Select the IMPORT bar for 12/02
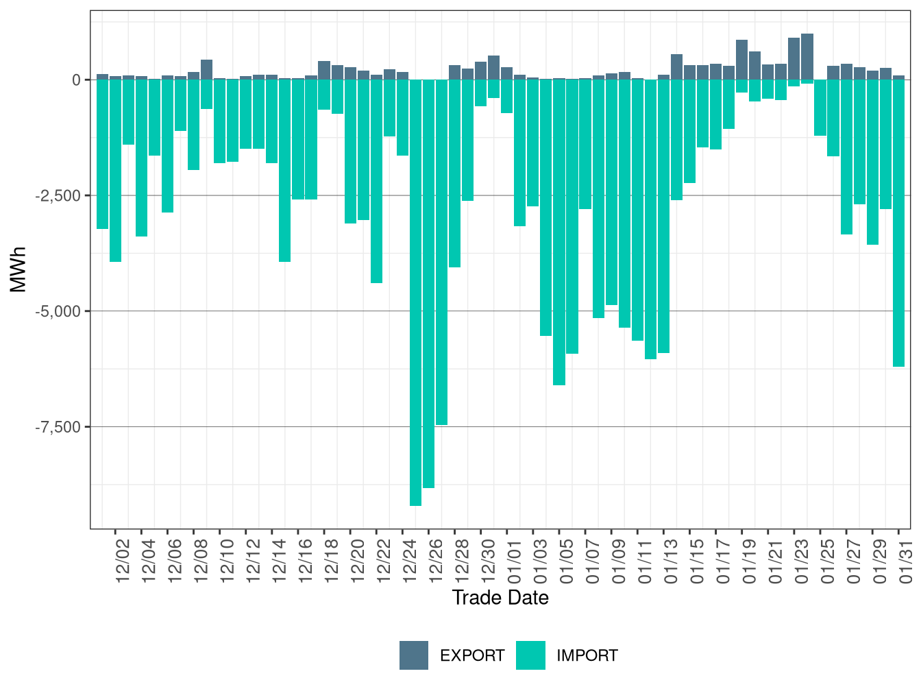coord(115,171)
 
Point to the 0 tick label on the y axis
coord(76,80)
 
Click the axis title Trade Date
coord(500,598)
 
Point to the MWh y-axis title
coord(19,269)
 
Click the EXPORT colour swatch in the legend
coord(414,655)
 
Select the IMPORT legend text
coord(587,656)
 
